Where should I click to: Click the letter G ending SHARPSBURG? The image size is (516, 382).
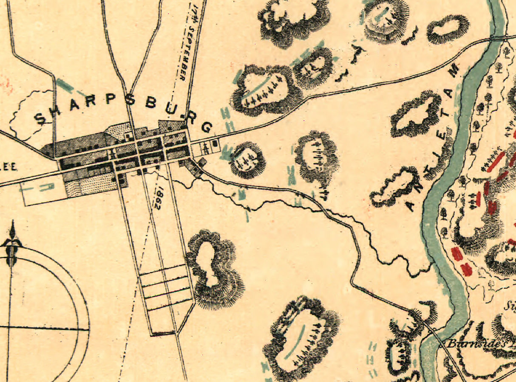click(207, 126)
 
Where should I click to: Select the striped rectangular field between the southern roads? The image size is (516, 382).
click(166, 289)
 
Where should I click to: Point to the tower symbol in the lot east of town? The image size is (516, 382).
click(206, 148)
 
